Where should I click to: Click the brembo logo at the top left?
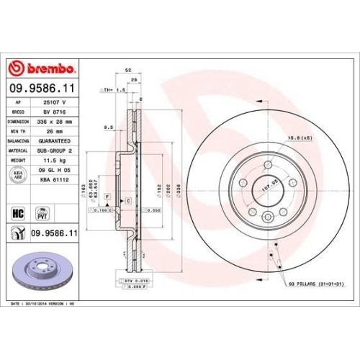(42, 68)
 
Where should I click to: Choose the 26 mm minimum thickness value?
(53, 132)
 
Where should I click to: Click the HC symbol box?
(19, 213)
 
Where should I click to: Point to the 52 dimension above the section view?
(127, 70)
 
